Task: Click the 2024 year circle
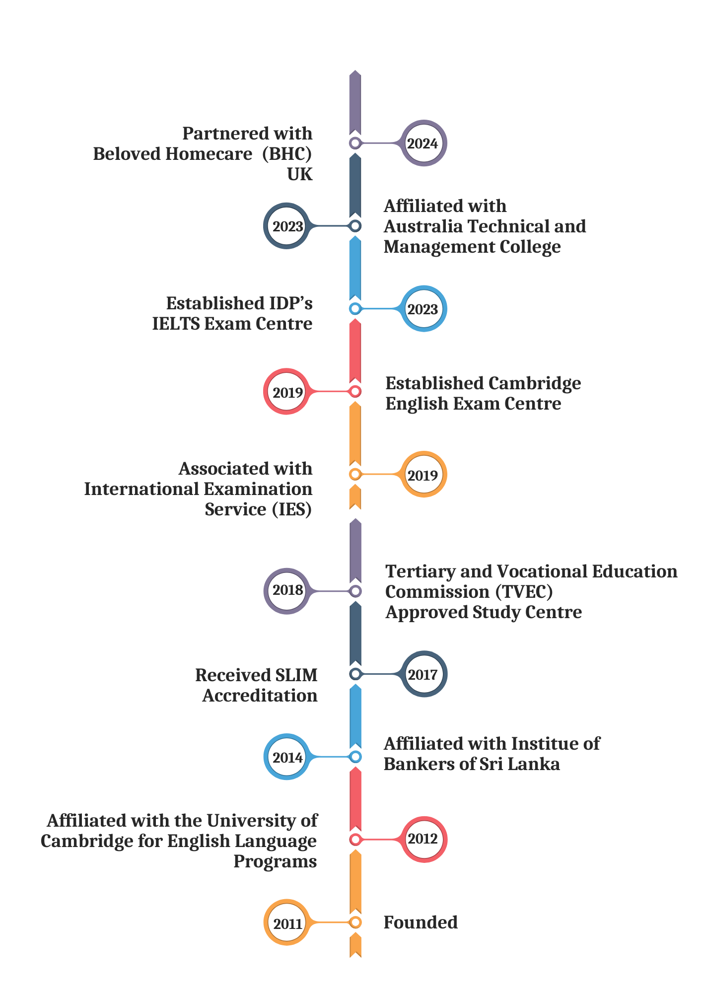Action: tap(423, 143)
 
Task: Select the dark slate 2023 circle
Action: tap(287, 226)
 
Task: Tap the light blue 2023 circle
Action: tap(423, 309)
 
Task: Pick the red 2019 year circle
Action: tap(287, 392)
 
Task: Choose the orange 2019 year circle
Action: tap(423, 475)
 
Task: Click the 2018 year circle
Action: tap(287, 590)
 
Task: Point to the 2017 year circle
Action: tap(423, 674)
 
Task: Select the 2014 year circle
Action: tap(287, 757)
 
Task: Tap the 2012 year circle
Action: tap(423, 839)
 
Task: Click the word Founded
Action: tap(421, 922)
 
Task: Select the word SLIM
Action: tap(296, 675)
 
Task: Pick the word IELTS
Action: tap(176, 324)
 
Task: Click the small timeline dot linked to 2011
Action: tap(355, 922)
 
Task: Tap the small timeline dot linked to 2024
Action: tap(355, 143)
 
